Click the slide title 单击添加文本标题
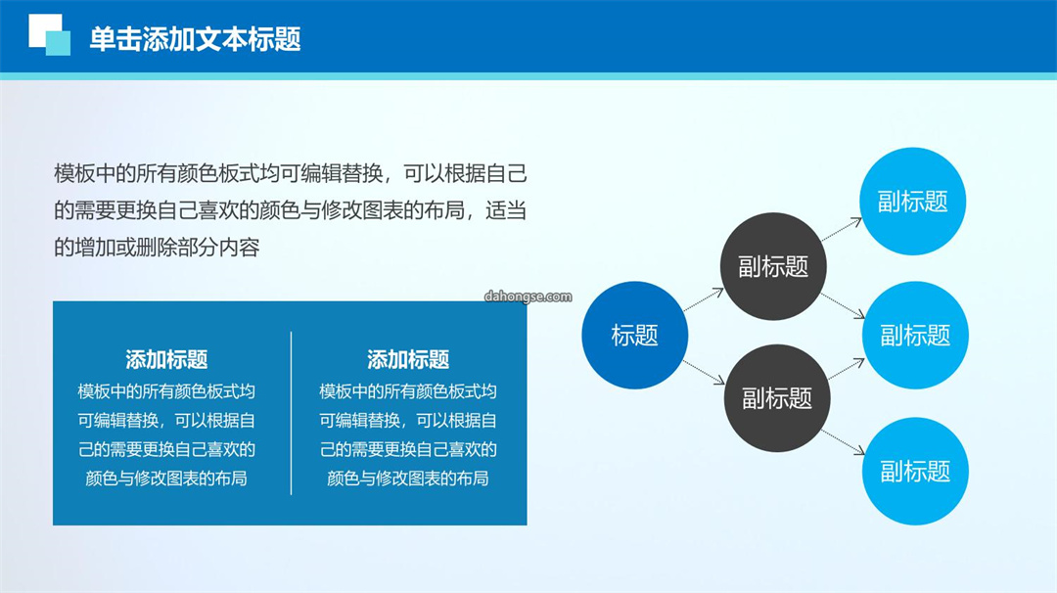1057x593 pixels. [195, 39]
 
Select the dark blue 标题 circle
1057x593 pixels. [634, 335]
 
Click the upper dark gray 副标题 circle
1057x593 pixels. [773, 266]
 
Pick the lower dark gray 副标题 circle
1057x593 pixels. [777, 398]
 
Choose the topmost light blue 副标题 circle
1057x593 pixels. [913, 202]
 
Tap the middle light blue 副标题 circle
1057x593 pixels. [915, 335]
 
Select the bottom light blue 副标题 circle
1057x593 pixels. [915, 471]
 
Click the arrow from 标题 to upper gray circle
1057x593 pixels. [704, 299]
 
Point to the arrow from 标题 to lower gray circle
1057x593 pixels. [705, 372]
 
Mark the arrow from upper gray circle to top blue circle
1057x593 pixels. [842, 229]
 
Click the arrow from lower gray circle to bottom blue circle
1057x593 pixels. [844, 442]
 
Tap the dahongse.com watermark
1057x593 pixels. [528, 296]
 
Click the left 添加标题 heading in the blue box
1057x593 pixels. [166, 360]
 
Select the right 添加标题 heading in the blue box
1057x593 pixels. [408, 360]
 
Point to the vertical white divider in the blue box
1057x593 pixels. [292, 413]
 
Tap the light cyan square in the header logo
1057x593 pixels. [58, 42]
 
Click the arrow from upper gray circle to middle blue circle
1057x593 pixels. [844, 306]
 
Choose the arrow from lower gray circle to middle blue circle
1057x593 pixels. [847, 369]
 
